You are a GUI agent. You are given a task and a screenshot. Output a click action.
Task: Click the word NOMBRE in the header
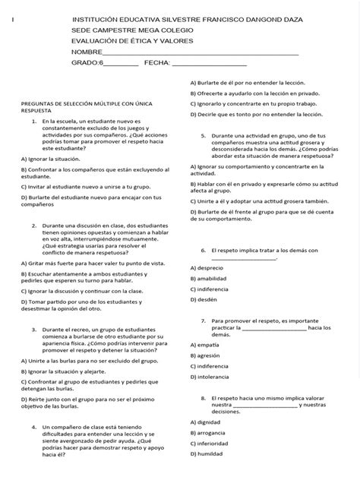coord(87,52)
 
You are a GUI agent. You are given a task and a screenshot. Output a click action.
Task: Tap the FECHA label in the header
coord(157,63)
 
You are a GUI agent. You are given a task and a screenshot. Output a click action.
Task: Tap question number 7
coord(204,321)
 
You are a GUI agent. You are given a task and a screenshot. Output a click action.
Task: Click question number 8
coord(204,399)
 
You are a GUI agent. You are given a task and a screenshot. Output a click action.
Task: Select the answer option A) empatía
coord(206,344)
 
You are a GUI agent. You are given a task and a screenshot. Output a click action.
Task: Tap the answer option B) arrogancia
coord(209,433)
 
